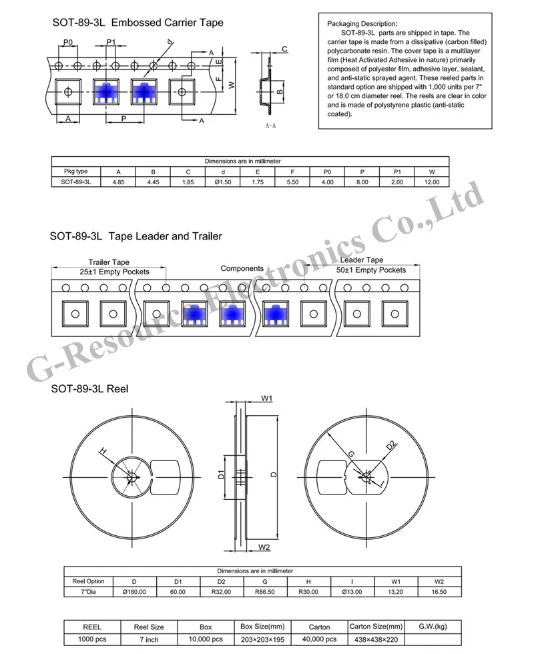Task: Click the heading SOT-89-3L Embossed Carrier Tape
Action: (x=138, y=23)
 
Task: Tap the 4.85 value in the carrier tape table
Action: (x=119, y=181)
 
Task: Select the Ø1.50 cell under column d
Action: (x=222, y=181)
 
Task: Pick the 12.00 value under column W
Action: (x=432, y=181)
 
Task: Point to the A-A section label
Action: (x=272, y=125)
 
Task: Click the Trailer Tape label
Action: (x=109, y=262)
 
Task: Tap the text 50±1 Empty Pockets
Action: (x=371, y=270)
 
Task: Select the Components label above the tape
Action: (x=242, y=268)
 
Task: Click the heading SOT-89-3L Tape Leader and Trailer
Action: (x=136, y=236)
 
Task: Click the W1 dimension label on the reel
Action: (x=267, y=398)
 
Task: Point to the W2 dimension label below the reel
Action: (x=264, y=547)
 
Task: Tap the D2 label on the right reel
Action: (x=391, y=445)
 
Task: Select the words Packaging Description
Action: (x=362, y=23)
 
